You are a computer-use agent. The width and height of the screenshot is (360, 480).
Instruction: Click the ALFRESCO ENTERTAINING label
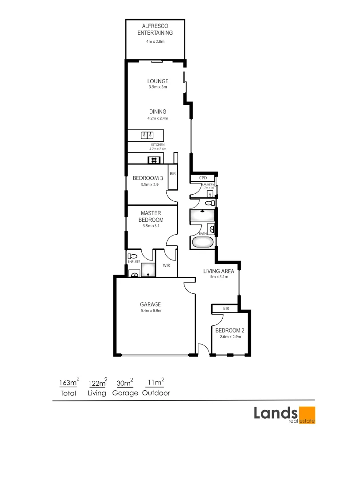click(x=155, y=29)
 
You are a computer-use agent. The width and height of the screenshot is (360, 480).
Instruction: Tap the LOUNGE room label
click(x=158, y=81)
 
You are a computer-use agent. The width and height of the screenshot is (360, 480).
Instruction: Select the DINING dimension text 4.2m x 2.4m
click(x=158, y=118)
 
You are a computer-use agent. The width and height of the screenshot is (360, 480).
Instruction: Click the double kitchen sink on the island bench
click(x=147, y=135)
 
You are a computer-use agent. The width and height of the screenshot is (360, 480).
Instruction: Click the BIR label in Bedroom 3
click(x=173, y=174)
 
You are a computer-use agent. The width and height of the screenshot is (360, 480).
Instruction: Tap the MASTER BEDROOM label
click(x=151, y=216)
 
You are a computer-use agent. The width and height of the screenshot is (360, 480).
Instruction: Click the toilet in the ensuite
click(x=132, y=256)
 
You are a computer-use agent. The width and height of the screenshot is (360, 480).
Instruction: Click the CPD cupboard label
click(x=203, y=178)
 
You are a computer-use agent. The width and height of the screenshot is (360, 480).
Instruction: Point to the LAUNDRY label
click(x=208, y=184)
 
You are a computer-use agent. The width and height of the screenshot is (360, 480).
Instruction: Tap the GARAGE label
click(x=150, y=304)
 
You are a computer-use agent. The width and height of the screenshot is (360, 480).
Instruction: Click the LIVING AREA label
click(x=216, y=271)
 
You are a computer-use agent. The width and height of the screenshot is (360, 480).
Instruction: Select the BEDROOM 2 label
click(x=230, y=331)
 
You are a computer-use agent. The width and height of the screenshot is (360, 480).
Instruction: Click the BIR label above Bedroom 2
click(x=226, y=308)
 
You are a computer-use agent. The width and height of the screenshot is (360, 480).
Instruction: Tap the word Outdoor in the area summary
click(x=156, y=393)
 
